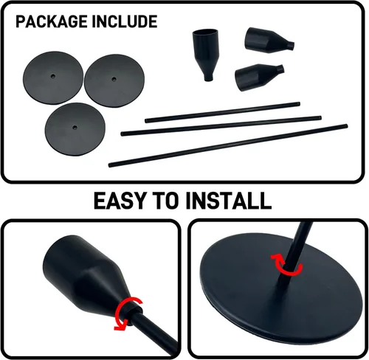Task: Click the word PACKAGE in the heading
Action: tap(52, 21)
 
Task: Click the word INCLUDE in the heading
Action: tap(125, 21)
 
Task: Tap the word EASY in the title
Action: tap(121, 201)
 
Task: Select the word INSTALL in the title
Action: tap(229, 201)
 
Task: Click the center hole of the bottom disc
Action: tap(75, 128)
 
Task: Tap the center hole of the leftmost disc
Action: tap(53, 76)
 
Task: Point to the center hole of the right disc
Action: tap(114, 79)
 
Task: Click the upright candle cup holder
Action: tap(206, 55)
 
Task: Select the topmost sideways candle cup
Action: tap(269, 41)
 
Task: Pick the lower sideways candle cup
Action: tap(259, 77)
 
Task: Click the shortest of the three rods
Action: tap(222, 112)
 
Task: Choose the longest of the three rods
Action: tap(228, 145)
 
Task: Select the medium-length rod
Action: tap(221, 126)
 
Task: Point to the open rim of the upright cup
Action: tap(205, 32)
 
